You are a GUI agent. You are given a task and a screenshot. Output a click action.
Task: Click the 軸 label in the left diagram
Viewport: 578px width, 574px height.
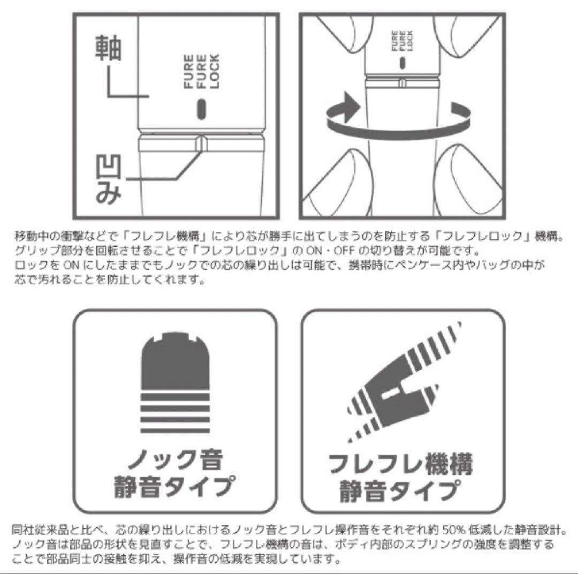(108, 48)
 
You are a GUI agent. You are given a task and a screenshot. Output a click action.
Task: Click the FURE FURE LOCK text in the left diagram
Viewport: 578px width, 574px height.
(201, 71)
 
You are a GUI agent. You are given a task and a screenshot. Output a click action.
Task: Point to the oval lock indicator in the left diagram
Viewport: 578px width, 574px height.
(201, 109)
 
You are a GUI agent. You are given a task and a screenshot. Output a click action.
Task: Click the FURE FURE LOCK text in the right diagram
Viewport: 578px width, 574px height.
(402, 41)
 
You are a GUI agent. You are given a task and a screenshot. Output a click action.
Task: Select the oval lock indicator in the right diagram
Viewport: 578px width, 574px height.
(402, 63)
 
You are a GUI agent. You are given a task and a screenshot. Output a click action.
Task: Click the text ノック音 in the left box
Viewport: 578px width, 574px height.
(175, 460)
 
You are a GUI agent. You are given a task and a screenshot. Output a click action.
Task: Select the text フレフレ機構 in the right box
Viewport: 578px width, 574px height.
(400, 464)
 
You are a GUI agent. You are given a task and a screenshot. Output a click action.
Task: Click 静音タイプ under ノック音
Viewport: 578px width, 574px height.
(174, 487)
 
